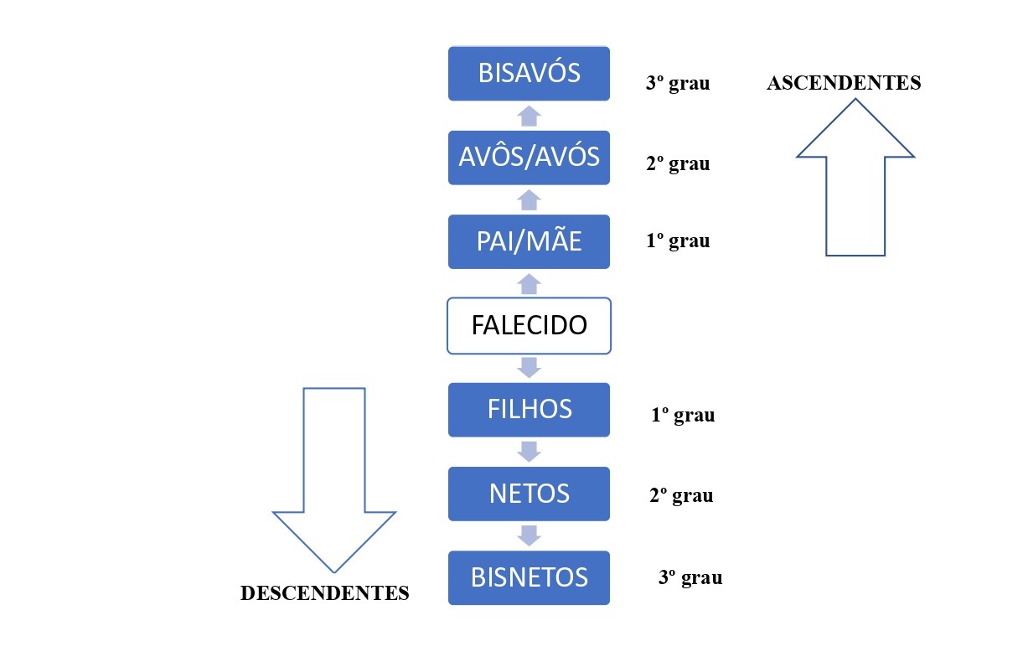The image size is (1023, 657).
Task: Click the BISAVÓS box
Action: click(529, 74)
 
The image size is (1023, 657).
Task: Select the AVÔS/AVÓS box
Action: click(529, 158)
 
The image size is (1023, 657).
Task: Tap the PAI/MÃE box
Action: click(529, 241)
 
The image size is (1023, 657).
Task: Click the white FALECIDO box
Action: click(529, 325)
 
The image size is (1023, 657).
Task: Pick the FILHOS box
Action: click(529, 410)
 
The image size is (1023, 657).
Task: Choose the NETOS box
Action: click(529, 494)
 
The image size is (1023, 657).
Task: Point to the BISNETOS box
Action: click(529, 577)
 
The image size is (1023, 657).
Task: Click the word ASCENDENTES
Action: click(844, 83)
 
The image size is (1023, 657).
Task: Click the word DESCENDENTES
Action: click(324, 593)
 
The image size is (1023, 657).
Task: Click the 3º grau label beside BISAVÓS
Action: click(678, 84)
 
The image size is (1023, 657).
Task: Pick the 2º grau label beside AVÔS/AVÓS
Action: click(678, 163)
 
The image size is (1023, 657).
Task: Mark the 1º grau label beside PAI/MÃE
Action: click(678, 241)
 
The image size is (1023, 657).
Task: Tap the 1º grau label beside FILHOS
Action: click(683, 416)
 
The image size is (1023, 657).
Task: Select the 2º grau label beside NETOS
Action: click(681, 495)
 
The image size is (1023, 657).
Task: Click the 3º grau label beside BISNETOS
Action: click(690, 577)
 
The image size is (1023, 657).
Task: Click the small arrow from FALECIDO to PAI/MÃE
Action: click(529, 283)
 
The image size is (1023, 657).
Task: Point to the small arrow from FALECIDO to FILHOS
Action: click(529, 367)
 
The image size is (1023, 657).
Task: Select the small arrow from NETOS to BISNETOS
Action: click(529, 535)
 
